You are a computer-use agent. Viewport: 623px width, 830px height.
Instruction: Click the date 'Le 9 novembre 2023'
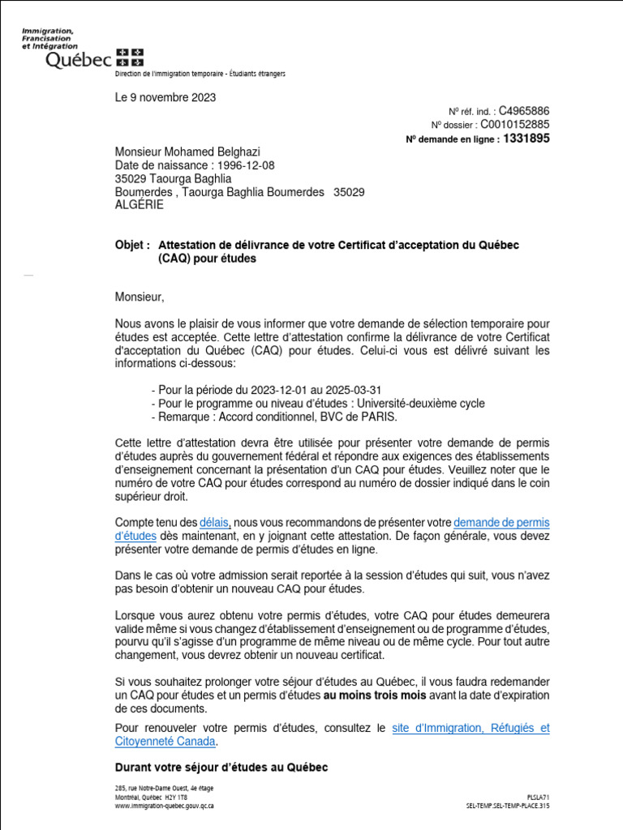pyautogui.click(x=165, y=98)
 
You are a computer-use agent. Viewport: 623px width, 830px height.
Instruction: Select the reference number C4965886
pyautogui.click(x=523, y=110)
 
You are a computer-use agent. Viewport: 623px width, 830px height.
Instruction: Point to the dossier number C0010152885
pyautogui.click(x=515, y=124)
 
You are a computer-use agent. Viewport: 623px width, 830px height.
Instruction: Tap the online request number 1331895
pyautogui.click(x=526, y=139)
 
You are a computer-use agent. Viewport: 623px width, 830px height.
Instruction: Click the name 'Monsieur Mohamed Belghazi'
pyautogui.click(x=187, y=152)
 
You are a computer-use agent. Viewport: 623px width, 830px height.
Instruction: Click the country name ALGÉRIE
pyautogui.click(x=139, y=205)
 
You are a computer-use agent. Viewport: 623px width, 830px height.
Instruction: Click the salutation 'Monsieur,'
pyautogui.click(x=139, y=297)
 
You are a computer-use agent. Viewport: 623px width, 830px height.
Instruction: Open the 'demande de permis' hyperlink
pyautogui.click(x=501, y=523)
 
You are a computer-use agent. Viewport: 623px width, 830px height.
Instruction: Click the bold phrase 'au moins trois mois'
pyautogui.click(x=375, y=695)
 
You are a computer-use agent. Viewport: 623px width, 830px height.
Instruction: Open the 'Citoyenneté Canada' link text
pyautogui.click(x=165, y=741)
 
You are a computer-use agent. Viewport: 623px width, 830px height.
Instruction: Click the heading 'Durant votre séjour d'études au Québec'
pyautogui.click(x=221, y=768)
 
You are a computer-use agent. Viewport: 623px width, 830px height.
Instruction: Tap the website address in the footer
pyautogui.click(x=165, y=806)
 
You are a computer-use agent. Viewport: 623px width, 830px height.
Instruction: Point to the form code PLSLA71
pyautogui.click(x=538, y=798)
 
